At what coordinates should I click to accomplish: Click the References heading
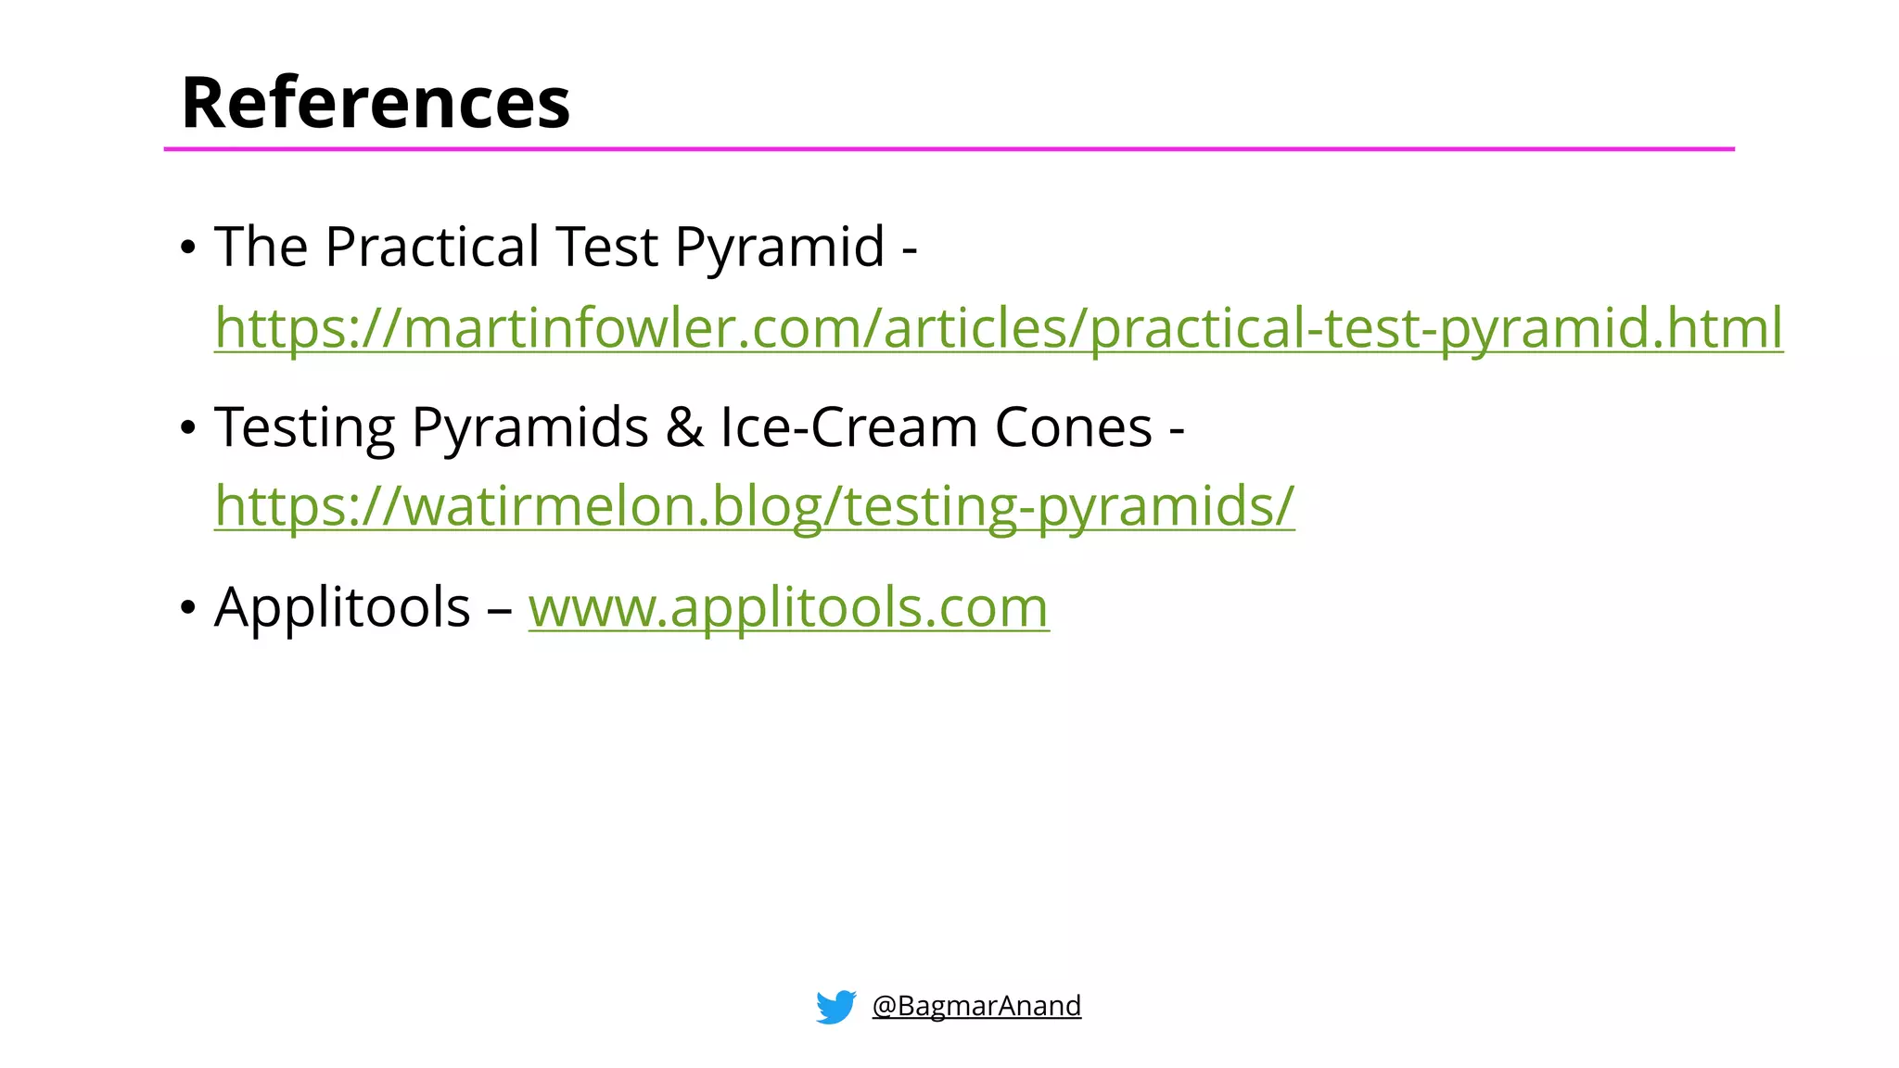376,102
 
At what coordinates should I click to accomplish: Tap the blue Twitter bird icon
835,1006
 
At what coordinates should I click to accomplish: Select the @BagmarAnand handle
976,1006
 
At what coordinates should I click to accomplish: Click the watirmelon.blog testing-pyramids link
754,506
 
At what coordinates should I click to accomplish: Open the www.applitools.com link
788,607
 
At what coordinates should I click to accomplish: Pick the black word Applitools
342,607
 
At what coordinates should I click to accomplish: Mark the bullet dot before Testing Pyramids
188,428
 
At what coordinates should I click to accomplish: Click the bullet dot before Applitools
188,608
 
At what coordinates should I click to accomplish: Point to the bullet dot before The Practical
188,248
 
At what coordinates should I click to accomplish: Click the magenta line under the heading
949,148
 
